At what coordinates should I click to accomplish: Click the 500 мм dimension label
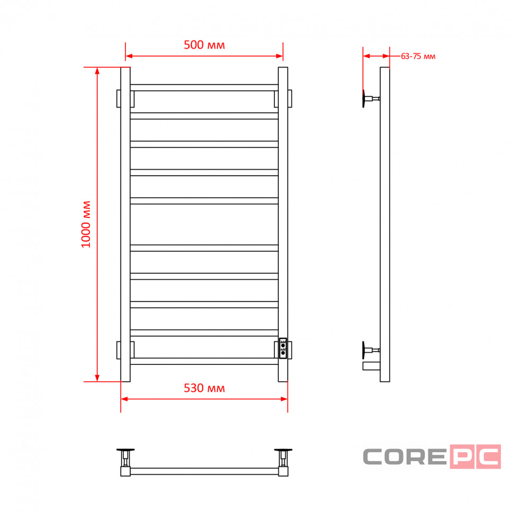pos(204,45)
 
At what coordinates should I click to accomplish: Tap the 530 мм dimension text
pos(204,388)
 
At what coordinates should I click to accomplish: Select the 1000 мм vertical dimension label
pos(86,224)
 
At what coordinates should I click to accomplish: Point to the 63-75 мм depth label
pos(418,56)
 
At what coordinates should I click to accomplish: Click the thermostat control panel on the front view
pos(283,349)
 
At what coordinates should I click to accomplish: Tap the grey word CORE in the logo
pos(405,456)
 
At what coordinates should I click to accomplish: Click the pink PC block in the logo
pos(475,456)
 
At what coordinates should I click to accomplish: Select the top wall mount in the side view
pos(371,98)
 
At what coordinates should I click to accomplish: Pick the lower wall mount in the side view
pos(371,350)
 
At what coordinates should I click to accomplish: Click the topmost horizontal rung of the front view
pos(204,88)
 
